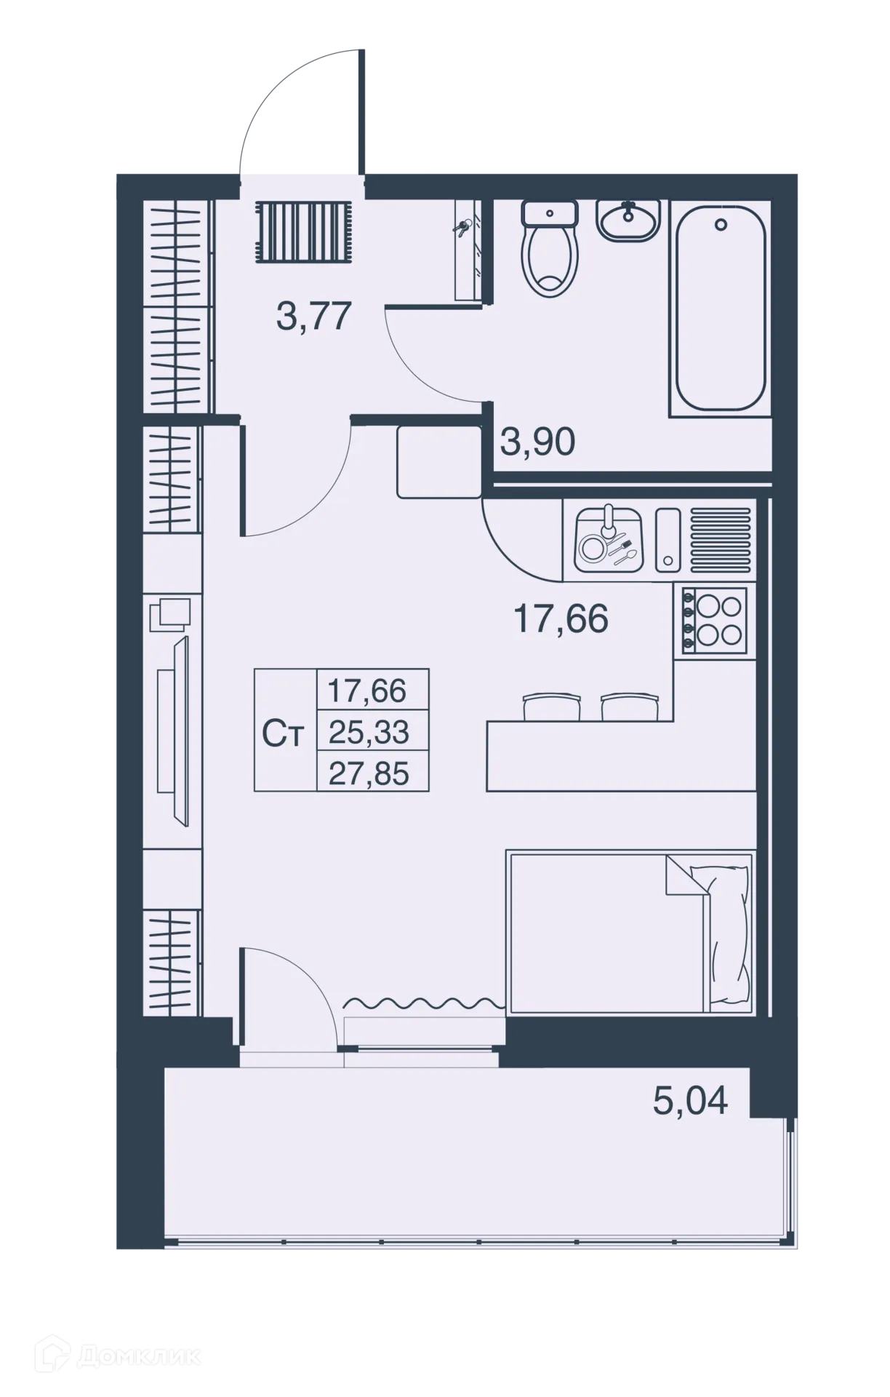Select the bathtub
click(720, 309)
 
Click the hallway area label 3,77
click(314, 317)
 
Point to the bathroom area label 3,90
click(537, 442)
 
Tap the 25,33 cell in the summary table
click(369, 732)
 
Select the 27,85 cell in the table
click(369, 773)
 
